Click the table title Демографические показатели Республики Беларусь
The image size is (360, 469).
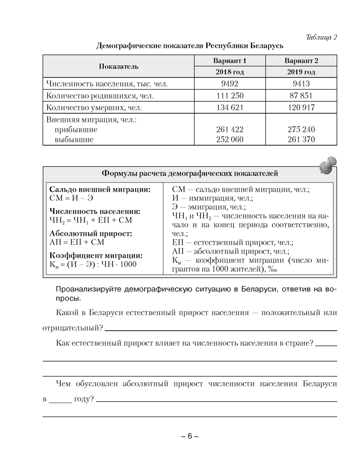click(189, 46)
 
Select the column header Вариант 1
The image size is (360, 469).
click(230, 61)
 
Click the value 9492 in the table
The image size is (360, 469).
click(230, 84)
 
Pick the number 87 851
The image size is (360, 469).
click(301, 96)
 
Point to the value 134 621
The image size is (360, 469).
click(230, 107)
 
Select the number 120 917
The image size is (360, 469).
click(301, 107)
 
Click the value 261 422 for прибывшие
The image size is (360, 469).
click(230, 129)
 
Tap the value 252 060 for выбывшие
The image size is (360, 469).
click(230, 139)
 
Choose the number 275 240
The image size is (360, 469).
click(301, 129)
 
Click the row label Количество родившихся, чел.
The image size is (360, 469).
click(100, 96)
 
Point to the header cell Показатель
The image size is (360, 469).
click(119, 67)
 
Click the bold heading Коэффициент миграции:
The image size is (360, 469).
click(96, 256)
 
